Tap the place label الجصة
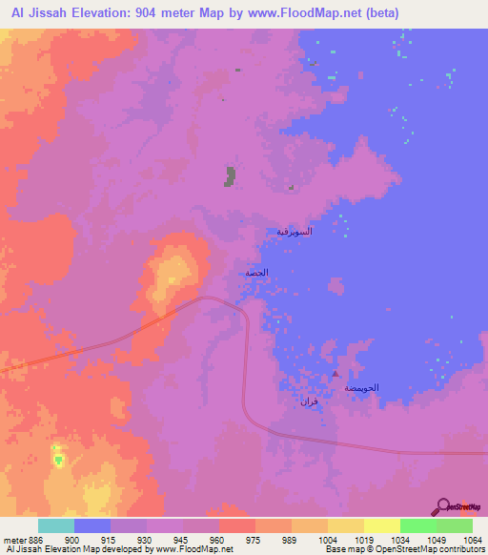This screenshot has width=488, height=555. point(257,273)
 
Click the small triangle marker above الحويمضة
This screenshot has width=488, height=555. point(335,376)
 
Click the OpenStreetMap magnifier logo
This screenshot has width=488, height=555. point(443,506)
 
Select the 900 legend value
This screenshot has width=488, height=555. point(73,539)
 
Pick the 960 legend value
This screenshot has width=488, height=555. point(218,539)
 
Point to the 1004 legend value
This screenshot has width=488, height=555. point(327,539)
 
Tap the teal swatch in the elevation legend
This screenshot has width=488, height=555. point(55,525)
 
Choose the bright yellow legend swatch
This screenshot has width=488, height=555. point(381,525)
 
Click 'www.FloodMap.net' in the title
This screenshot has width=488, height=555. point(306,12)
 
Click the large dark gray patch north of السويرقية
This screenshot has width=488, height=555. point(230,176)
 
